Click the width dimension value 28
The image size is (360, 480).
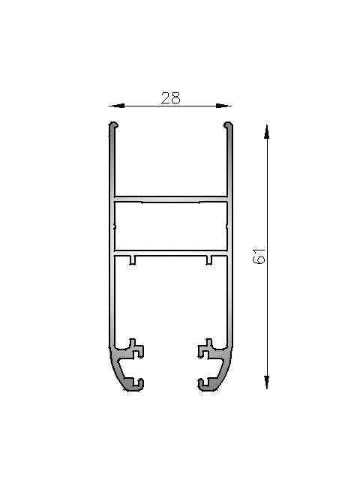(x=170, y=98)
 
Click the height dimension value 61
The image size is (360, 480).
(x=259, y=256)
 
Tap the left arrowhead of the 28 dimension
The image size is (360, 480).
(x=117, y=106)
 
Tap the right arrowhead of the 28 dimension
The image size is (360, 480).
(x=223, y=106)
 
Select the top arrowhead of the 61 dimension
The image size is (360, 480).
(x=267, y=132)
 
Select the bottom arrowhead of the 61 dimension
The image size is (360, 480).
(x=267, y=382)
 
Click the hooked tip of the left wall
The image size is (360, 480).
(x=113, y=124)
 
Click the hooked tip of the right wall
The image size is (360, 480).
(x=228, y=124)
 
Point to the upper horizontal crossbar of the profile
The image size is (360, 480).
(x=171, y=199)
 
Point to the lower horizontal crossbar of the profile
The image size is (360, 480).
(x=171, y=253)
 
